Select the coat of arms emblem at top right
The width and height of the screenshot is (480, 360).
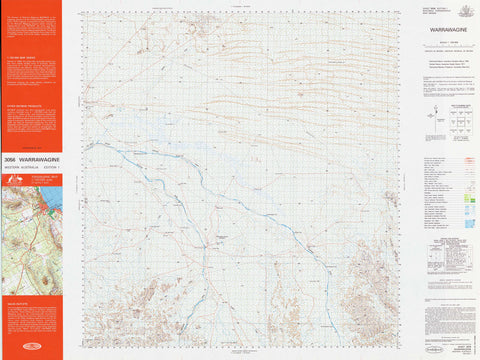(x=466, y=11)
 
